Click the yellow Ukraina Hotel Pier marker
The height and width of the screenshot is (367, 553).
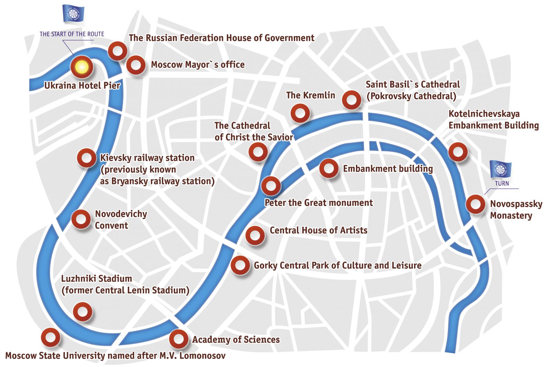[82, 67]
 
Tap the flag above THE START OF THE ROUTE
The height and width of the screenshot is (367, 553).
[73, 14]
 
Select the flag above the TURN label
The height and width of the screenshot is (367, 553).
[500, 170]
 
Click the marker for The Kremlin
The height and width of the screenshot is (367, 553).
[300, 113]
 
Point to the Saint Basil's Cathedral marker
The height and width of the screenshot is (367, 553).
[352, 100]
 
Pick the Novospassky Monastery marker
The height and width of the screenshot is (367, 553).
[476, 204]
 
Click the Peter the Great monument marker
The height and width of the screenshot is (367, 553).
[271, 186]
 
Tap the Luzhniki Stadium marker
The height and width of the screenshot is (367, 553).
[83, 312]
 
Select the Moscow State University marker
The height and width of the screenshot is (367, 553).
[50, 337]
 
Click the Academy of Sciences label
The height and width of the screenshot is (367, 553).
[236, 340]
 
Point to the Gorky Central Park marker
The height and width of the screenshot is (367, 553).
[240, 265]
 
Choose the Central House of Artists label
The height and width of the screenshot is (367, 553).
[318, 230]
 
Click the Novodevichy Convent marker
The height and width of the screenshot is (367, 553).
[81, 219]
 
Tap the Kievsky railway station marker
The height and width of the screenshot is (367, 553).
[86, 158]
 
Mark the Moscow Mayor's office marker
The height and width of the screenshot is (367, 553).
[136, 65]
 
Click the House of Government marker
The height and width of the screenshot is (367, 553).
[118, 51]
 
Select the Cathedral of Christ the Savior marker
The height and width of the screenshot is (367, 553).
[258, 152]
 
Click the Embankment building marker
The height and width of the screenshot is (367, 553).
[329, 168]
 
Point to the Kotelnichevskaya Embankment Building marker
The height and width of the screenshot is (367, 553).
[458, 152]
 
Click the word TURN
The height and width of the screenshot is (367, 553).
[502, 183]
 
